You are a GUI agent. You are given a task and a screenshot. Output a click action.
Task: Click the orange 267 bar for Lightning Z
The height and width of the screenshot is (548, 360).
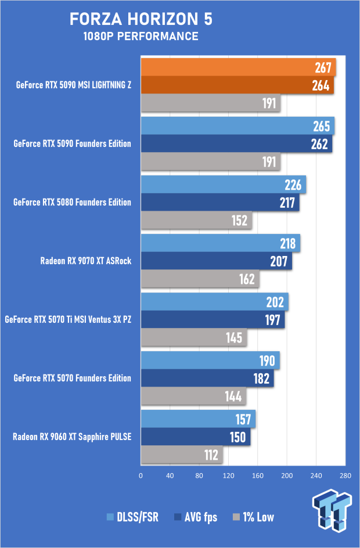coord(238,67)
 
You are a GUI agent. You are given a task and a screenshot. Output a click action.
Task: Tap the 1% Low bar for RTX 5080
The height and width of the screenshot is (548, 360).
coord(196,221)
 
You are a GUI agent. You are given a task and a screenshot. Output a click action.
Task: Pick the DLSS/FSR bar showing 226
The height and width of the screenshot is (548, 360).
coord(224,185)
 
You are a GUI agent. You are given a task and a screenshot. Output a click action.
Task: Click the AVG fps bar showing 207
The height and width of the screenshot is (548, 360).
coord(216,261)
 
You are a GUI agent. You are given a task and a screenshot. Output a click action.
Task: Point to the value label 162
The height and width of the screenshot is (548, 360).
coord(247,279)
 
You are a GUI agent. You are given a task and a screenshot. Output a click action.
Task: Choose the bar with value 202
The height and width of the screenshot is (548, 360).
coord(214,302)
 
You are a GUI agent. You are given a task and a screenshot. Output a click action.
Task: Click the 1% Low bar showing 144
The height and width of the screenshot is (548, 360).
coord(193,396)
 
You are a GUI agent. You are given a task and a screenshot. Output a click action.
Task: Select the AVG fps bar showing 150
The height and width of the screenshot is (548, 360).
coord(195,437)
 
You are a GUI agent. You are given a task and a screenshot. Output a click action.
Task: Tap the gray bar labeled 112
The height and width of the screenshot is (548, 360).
coord(181,455)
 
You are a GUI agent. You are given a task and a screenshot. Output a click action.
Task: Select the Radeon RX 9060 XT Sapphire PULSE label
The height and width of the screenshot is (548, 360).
coord(72,437)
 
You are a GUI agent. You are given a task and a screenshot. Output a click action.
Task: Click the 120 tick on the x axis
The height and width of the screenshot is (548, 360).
coord(228,476)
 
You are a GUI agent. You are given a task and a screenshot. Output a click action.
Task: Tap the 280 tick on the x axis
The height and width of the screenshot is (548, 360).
coord(345,476)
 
